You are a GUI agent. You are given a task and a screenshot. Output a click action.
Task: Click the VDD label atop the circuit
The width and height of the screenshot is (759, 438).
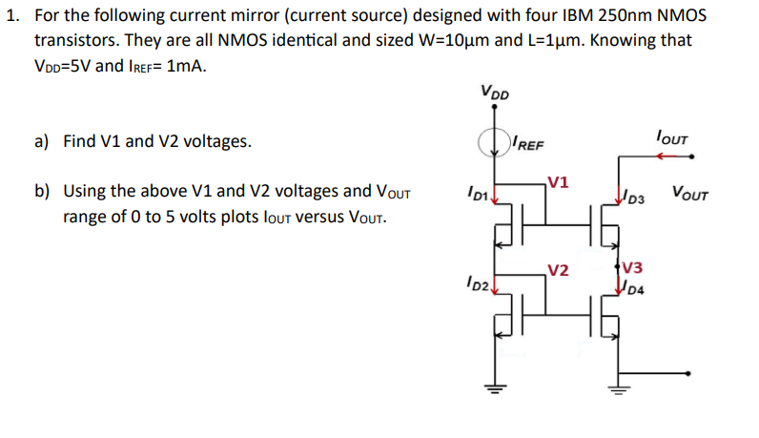[x=495, y=93]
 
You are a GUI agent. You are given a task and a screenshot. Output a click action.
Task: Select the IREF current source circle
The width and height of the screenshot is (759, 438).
[x=495, y=143]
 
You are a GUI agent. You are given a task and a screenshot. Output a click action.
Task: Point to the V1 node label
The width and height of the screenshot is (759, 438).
[x=560, y=182]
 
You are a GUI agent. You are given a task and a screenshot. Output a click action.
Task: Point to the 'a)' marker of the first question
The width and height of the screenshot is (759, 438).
[x=42, y=142]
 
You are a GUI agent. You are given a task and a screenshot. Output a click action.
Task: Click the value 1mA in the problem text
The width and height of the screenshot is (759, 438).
[x=187, y=67]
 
